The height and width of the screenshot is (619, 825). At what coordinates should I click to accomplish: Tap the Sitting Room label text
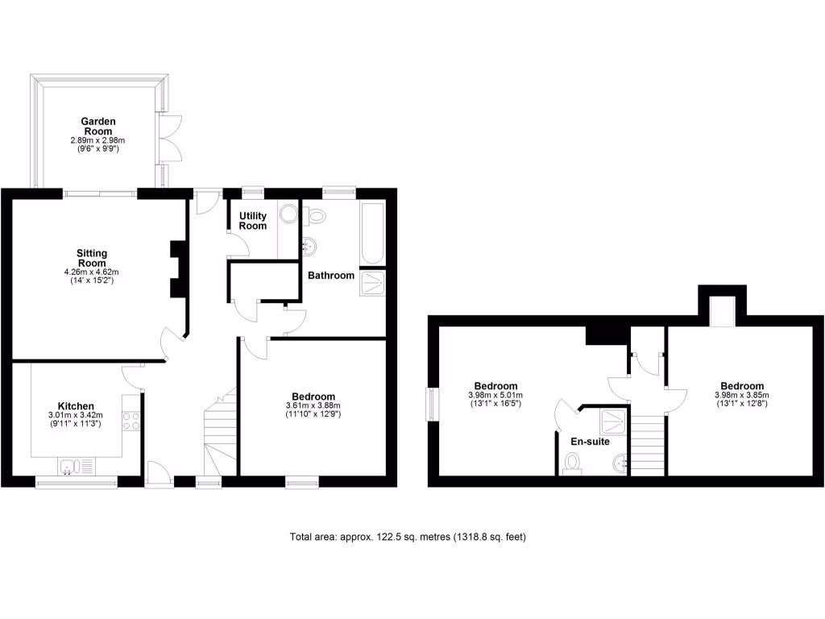[91, 258]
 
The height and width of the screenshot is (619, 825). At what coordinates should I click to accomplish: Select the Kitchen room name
[76, 405]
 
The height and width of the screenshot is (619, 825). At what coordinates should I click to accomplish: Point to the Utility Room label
[252, 221]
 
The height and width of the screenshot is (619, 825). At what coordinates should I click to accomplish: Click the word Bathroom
[330, 276]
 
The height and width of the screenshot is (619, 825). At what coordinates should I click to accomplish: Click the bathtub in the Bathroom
[373, 234]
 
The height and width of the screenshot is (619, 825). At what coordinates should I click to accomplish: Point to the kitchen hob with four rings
[131, 420]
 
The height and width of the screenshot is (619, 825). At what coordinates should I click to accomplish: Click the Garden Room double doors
[169, 139]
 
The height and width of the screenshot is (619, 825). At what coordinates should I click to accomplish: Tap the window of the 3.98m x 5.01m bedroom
[433, 403]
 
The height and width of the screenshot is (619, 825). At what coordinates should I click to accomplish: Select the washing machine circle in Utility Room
[288, 214]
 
